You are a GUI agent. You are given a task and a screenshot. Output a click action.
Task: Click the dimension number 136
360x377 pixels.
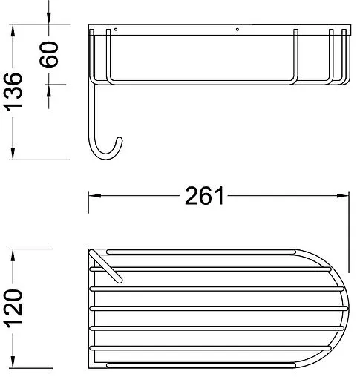13,91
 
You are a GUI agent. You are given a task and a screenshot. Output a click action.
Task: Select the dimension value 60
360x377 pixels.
49,54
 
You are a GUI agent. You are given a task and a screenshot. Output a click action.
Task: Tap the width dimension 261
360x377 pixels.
204,196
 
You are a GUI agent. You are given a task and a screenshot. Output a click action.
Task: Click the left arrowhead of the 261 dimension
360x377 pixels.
95,196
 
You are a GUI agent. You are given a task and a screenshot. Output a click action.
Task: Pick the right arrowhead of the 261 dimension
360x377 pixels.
343,196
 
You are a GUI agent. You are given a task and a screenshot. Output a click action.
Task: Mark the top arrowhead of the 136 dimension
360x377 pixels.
13,30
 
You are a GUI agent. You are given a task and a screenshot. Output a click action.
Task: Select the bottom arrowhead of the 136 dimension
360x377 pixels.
13,154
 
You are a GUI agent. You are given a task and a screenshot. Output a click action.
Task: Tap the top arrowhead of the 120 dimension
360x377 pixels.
13,255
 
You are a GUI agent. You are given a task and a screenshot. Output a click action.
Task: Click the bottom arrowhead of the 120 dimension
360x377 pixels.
13,362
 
